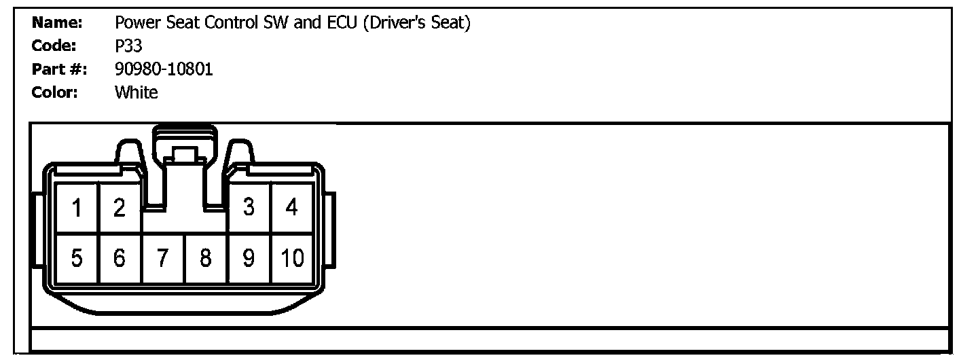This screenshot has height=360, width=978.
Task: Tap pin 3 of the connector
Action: [x=249, y=208]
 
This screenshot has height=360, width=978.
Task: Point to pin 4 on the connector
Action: [x=292, y=208]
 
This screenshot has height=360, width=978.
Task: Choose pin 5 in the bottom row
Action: [x=77, y=259]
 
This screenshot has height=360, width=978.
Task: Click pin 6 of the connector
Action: [x=120, y=259]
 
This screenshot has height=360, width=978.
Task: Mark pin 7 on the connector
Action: [x=163, y=259]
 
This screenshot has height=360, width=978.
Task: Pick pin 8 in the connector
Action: [x=206, y=259]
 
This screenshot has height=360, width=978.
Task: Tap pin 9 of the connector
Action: [x=249, y=259]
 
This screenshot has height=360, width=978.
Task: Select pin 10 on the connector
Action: [x=292, y=259]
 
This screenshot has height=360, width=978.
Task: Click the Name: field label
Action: [x=57, y=23]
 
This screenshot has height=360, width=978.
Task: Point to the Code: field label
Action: [x=54, y=46]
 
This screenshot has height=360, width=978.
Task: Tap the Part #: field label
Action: [x=59, y=69]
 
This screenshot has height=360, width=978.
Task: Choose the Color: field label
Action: [x=55, y=92]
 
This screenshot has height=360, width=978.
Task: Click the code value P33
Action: [x=129, y=46]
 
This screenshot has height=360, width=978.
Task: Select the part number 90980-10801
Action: [x=164, y=69]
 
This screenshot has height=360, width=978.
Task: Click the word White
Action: [x=137, y=92]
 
